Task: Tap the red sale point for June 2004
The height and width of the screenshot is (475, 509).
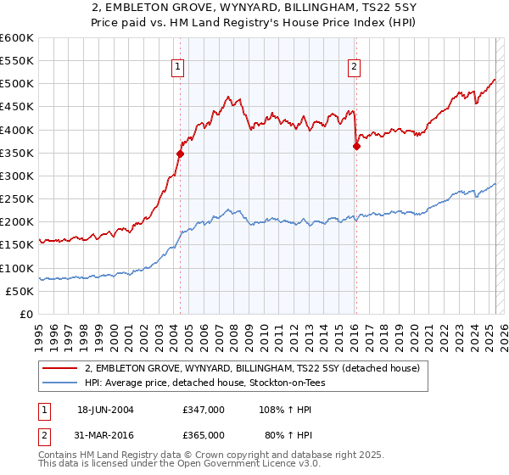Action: (180, 154)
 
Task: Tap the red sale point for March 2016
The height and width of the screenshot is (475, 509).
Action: (356, 146)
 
